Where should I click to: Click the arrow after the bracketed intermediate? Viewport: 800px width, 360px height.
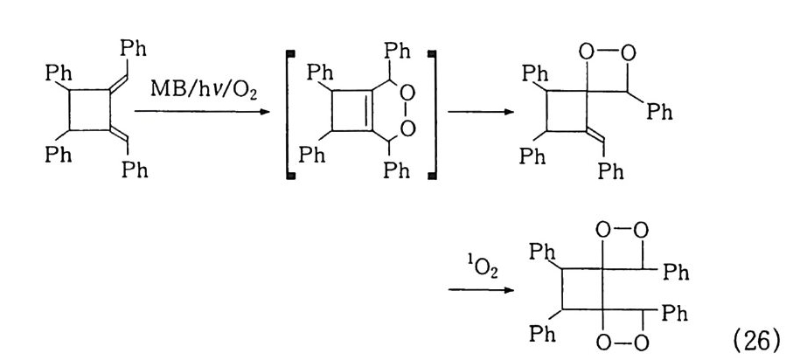tap(480, 111)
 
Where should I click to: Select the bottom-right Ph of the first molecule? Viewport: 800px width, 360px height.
tap(135, 169)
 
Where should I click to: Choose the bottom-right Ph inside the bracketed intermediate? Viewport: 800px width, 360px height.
tap(396, 170)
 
